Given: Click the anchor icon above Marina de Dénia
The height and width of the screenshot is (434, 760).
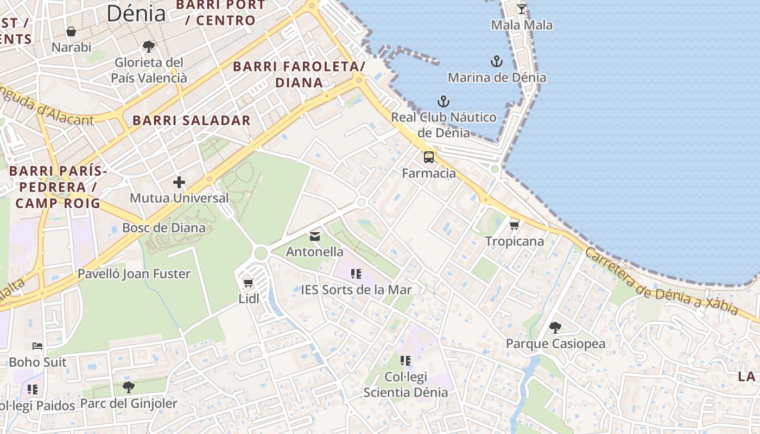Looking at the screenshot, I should [497, 61].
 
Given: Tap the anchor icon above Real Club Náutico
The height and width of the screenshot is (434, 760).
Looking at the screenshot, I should [444, 101].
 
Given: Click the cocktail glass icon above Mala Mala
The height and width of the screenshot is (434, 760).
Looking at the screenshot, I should [522, 9].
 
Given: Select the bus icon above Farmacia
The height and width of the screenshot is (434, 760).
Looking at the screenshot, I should [429, 157].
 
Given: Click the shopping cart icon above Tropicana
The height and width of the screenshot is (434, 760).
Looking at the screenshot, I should [514, 225].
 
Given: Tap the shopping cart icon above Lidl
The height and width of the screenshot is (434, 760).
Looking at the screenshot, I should [249, 283].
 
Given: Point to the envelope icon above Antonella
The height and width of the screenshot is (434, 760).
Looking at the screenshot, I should [314, 236].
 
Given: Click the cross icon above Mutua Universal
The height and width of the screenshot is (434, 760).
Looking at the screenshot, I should [179, 182].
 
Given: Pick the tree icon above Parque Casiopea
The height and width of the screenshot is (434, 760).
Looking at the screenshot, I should [555, 328].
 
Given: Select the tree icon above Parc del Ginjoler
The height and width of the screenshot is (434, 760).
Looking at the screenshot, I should [128, 387].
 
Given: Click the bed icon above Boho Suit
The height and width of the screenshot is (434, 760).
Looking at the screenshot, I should [37, 346].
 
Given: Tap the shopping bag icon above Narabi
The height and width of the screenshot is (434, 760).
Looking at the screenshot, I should [71, 31].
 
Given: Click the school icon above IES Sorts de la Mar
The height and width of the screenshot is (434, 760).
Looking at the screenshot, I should [356, 274].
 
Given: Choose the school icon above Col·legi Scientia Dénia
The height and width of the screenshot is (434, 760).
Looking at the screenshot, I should [406, 360].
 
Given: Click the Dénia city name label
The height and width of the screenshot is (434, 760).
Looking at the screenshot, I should [136, 14].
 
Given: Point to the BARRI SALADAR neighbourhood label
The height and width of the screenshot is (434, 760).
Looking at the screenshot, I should [192, 120].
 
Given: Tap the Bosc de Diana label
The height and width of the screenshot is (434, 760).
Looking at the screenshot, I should [164, 227].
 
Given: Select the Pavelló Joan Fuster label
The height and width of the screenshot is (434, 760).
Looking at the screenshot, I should [134, 273].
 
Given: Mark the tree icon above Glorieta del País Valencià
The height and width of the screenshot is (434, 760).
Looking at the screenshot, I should [149, 47].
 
